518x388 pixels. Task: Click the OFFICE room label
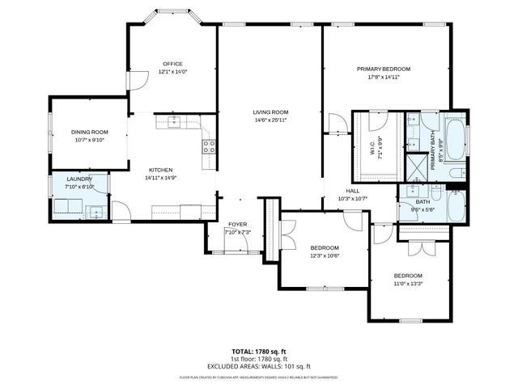coord(172,64)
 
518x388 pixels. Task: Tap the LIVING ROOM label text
coord(270,112)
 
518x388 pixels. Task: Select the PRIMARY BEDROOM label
coord(384,70)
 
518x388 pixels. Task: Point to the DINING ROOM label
coord(89,132)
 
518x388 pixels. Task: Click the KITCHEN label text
coord(159,170)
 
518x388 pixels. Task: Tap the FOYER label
coord(237,225)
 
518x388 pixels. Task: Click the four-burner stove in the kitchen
coord(209,146)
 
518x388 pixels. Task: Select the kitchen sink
coord(172,122)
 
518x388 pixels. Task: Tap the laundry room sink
coord(96,213)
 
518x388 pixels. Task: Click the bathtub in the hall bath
coord(456,205)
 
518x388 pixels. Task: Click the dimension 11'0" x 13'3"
coord(408,283)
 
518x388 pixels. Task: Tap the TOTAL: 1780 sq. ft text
coord(258,352)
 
